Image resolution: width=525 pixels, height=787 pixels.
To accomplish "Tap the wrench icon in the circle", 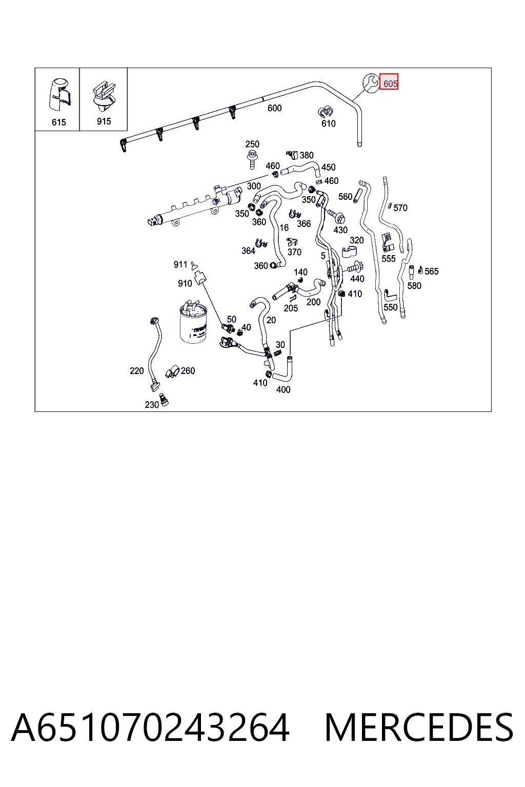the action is pos(371,84).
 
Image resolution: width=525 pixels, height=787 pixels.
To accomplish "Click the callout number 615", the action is pos(59,122).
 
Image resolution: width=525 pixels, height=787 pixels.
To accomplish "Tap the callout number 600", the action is pos(274,108).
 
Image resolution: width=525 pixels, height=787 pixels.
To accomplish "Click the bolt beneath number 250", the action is pos(252,159).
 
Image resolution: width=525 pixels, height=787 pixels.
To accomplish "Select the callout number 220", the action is pos(136,370).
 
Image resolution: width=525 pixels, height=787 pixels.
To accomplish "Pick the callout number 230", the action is pos(152,405).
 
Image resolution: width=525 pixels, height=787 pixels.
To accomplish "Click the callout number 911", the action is pos(180,264).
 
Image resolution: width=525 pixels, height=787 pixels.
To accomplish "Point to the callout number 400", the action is pos(283,389).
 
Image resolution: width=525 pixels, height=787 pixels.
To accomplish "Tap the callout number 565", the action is pos(432,271).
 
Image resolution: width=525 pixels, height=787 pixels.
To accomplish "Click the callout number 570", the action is pos(400,208).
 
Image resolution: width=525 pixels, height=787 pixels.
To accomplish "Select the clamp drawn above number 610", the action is pos(326,112).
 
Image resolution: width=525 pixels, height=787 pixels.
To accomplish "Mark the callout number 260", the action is pos(188,370).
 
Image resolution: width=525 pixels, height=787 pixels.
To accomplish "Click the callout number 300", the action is pos(254,186).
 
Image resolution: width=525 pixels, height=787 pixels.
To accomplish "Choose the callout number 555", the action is pos(389,259).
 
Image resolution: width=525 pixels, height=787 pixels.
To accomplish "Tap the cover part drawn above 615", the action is pos(59,95).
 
